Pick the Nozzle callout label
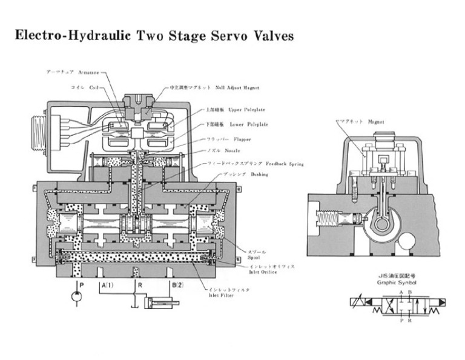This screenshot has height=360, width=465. click(x=223, y=150)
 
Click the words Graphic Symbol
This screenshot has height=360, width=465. click(x=394, y=282)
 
